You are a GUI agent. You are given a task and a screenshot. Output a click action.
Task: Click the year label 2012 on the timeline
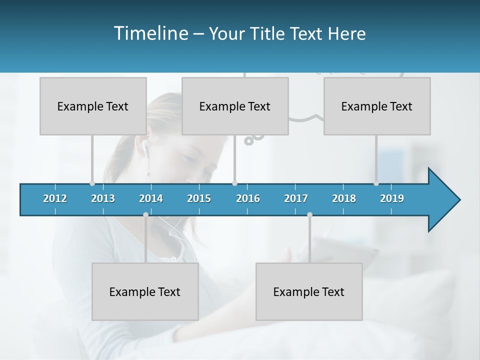[55, 198]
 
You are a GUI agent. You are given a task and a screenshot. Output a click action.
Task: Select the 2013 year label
[103, 198]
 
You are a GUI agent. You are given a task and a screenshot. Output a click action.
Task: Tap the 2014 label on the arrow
[151, 198]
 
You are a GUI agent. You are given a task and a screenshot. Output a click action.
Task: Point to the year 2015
[199, 198]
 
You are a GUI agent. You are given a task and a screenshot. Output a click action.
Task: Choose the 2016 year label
[248, 198]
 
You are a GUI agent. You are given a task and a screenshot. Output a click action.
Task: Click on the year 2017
[296, 198]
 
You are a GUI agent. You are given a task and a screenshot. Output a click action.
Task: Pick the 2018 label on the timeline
[344, 198]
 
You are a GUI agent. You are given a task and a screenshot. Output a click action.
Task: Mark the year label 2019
[392, 198]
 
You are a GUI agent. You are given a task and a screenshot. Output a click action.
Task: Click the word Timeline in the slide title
[150, 33]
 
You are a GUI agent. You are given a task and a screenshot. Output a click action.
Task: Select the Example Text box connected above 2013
[93, 106]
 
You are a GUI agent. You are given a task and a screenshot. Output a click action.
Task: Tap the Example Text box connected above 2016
[235, 106]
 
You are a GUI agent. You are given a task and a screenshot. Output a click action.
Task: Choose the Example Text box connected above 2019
[377, 106]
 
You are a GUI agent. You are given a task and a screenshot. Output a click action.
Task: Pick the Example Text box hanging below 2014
[145, 291]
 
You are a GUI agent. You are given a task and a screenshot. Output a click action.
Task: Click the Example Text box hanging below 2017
[309, 291]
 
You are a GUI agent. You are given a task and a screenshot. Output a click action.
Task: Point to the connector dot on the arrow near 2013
[92, 183]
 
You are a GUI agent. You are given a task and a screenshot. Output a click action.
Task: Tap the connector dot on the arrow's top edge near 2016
[234, 183]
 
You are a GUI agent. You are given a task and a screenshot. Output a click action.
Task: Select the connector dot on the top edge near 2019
[376, 183]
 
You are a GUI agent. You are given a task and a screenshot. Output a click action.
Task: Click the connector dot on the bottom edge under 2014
[145, 214]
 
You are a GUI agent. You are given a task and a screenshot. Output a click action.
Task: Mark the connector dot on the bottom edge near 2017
[309, 214]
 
